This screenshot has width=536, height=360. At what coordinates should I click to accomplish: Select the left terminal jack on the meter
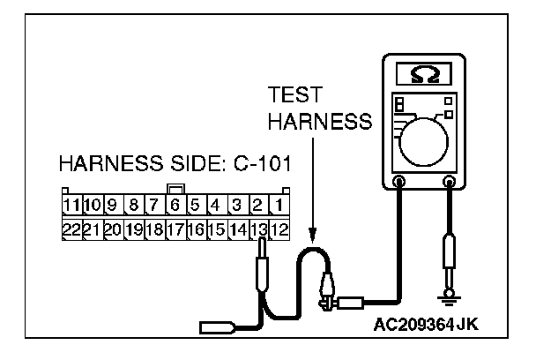[x=399, y=184]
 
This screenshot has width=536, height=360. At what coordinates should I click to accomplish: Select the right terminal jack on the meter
[x=450, y=184]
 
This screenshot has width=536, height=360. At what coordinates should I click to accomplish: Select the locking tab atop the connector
[x=175, y=189]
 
